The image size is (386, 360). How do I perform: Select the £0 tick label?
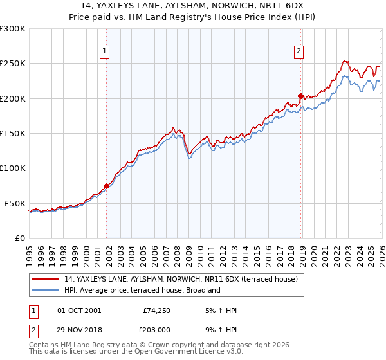tap(19, 238)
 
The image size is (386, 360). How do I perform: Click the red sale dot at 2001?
tap(106, 186)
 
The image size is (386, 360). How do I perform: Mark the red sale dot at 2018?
tap(300, 96)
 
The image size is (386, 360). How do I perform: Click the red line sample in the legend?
tap(46, 280)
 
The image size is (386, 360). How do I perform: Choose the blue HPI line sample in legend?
tap(46, 290)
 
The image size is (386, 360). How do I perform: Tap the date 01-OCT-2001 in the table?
tap(79, 310)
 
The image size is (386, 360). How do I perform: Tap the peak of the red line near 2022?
tap(345, 62)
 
